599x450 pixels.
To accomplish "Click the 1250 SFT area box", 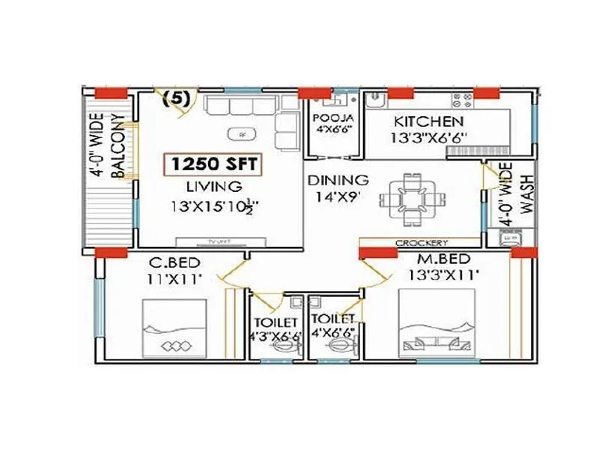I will click(213, 163).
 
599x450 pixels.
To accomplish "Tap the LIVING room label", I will click(214, 186).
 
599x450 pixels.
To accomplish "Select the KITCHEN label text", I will click(429, 121).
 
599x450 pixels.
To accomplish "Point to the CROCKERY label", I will click(422, 243).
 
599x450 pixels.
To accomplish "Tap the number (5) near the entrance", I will click(176, 97).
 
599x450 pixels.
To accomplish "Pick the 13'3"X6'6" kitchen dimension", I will click(430, 138).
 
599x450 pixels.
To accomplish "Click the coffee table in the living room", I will click(240, 134).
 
